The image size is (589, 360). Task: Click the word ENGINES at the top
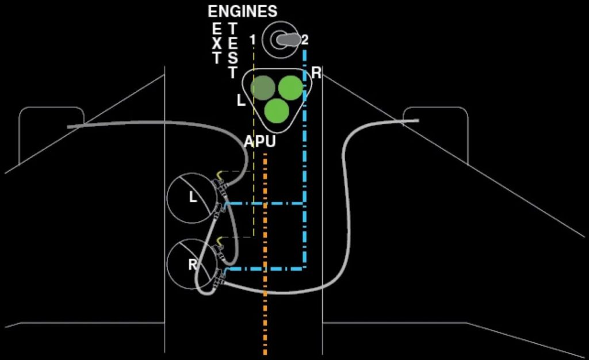pyautogui.click(x=243, y=12)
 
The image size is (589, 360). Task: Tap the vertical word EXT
pyautogui.click(x=217, y=44)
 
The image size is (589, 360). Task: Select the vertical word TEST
pyautogui.click(x=232, y=50)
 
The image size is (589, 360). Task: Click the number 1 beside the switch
pyautogui.click(x=253, y=40)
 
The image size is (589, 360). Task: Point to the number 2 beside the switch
pyautogui.click(x=305, y=40)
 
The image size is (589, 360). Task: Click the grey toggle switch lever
pyautogui.click(x=289, y=40)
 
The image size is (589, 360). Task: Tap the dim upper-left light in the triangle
pyautogui.click(x=263, y=87)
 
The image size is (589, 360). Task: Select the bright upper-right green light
pyautogui.click(x=290, y=87)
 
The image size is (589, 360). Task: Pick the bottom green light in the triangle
pyautogui.click(x=277, y=111)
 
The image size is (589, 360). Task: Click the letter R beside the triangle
pyautogui.click(x=316, y=73)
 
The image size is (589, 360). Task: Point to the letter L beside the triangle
pyautogui.click(x=241, y=100)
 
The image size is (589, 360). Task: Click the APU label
pyautogui.click(x=259, y=141)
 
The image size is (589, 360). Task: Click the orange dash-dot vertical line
pyautogui.click(x=265, y=254)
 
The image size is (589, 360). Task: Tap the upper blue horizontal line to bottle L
pyautogui.click(x=265, y=204)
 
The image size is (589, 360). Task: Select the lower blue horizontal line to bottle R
pyautogui.click(x=265, y=269)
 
